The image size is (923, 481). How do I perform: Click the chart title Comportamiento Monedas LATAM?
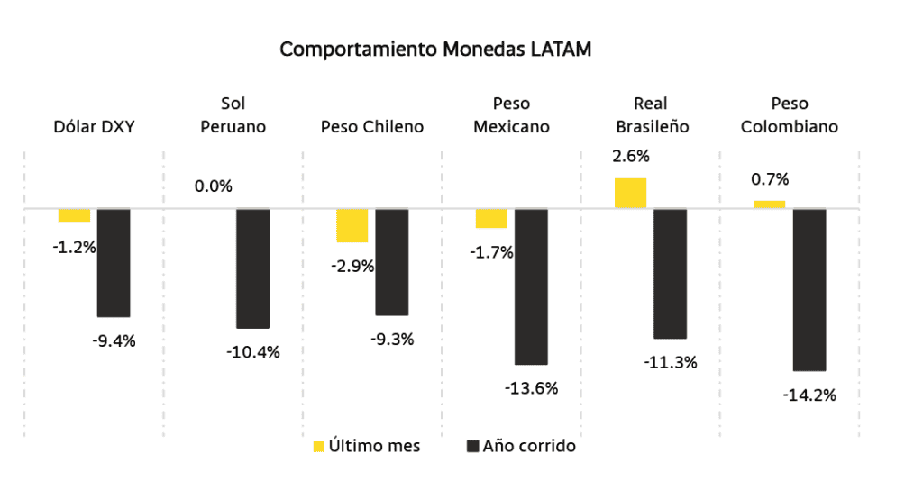(x=435, y=50)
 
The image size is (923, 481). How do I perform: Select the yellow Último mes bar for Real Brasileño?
(x=630, y=193)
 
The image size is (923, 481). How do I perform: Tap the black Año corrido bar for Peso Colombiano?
(x=809, y=289)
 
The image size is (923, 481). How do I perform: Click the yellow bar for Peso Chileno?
(x=352, y=225)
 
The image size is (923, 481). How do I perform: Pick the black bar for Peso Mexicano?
(x=531, y=286)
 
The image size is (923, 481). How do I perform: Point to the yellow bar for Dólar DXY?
(x=74, y=215)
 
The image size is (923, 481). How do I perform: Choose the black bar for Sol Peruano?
(x=252, y=268)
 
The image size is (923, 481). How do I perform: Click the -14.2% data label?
(x=809, y=395)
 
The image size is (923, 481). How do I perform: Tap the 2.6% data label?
(x=630, y=156)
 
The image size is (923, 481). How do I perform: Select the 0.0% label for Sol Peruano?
(x=213, y=186)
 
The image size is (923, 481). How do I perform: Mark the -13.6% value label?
(x=531, y=388)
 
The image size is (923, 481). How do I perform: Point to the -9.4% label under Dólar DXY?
(x=114, y=340)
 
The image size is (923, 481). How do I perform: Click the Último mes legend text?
(x=374, y=446)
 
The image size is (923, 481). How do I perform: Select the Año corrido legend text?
(x=529, y=446)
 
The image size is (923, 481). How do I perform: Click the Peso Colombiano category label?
(x=789, y=115)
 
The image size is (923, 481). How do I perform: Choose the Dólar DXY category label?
(x=94, y=127)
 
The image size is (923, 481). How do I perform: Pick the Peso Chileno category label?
(x=371, y=127)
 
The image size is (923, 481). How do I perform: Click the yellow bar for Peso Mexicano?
(x=491, y=218)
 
